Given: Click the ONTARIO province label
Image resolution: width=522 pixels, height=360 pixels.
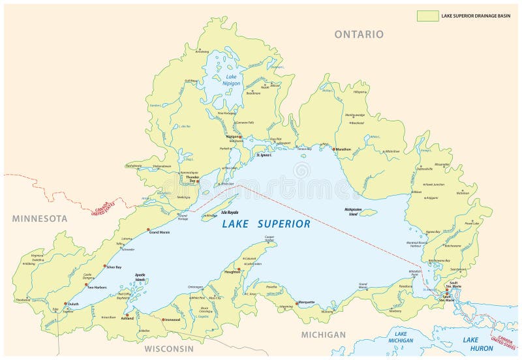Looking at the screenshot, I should (x=359, y=34).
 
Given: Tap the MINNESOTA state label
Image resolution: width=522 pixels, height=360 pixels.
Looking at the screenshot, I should (x=40, y=218).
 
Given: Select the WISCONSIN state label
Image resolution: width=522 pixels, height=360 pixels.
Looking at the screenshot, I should (x=169, y=348).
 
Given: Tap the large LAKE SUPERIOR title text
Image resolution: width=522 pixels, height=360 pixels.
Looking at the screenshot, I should (x=266, y=224).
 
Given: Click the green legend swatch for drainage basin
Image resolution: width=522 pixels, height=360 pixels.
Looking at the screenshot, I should (x=428, y=16).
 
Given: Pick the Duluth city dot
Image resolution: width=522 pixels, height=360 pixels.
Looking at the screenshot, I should (x=66, y=303).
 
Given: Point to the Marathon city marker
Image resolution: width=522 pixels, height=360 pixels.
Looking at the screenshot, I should (x=333, y=149).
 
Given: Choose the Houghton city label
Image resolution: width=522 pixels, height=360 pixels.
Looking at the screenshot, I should (x=233, y=272).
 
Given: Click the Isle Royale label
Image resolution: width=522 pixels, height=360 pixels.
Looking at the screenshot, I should (x=212, y=213).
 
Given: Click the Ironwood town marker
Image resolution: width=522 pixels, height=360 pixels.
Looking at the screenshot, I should (x=162, y=320).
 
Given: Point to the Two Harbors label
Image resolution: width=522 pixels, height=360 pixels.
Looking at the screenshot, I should (x=97, y=287).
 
